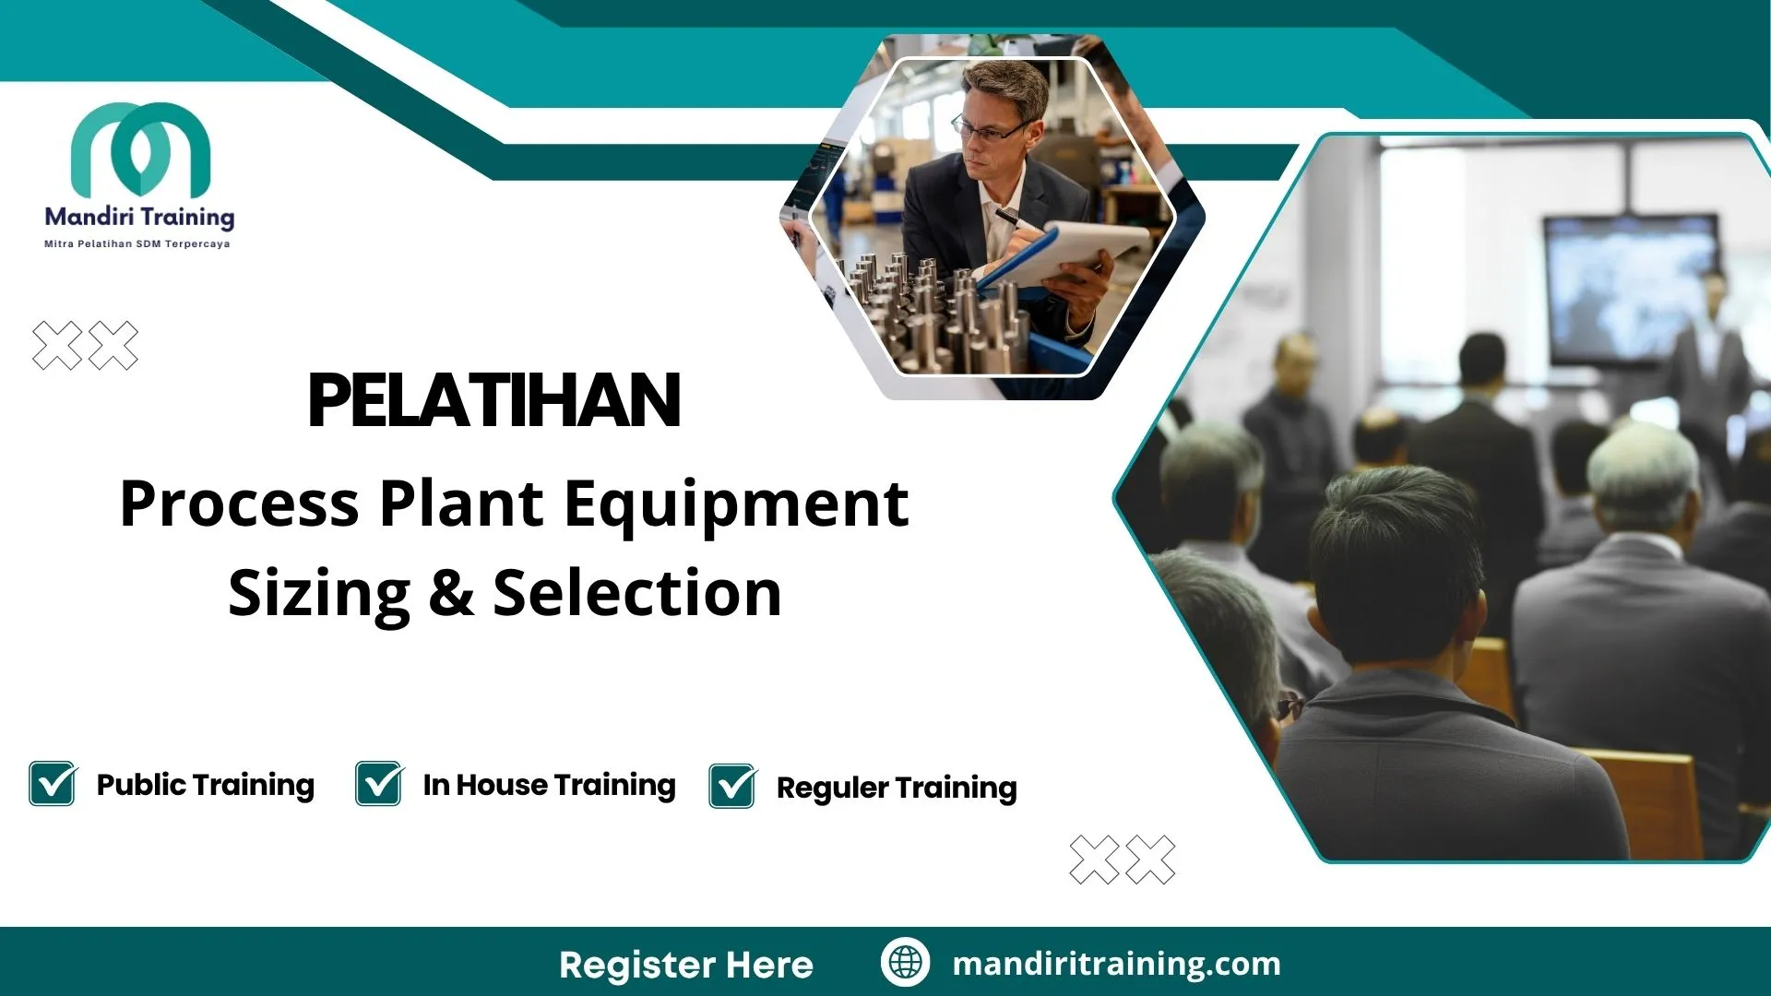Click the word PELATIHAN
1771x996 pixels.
point(494,401)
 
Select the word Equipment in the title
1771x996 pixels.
point(736,504)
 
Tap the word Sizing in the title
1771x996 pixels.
point(319,593)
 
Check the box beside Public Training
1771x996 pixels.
point(53,784)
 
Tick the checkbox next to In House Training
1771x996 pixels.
point(379,784)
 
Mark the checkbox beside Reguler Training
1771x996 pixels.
point(732,787)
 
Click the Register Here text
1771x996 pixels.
point(686,965)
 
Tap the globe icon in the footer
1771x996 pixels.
point(905,962)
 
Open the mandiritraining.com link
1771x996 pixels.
point(1116,964)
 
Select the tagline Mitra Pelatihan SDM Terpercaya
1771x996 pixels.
point(137,244)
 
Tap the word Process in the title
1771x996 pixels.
point(240,504)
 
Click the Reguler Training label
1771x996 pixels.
point(897,788)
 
